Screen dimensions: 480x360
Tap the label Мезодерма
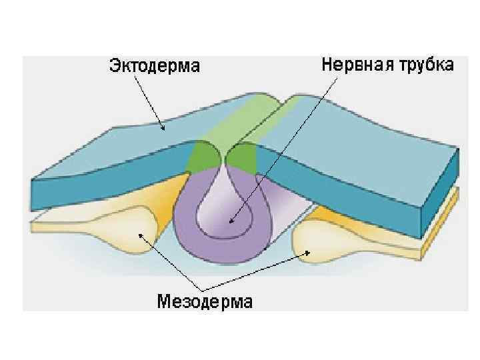pos(205,301)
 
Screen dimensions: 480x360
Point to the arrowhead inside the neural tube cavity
pos(230,221)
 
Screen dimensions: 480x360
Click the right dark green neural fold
pos(242,159)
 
